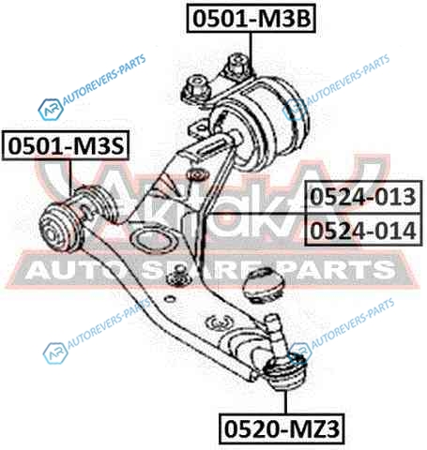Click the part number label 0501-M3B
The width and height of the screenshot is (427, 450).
(x=252, y=18)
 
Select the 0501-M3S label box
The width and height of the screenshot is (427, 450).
(x=66, y=145)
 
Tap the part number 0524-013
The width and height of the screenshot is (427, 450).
(x=363, y=197)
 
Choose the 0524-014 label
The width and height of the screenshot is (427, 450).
(x=363, y=230)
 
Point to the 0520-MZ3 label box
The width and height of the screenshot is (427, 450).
(x=282, y=428)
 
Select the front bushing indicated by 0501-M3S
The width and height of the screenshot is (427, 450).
(x=77, y=218)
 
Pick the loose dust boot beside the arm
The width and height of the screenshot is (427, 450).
(x=266, y=285)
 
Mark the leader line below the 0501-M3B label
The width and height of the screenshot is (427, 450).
(x=251, y=53)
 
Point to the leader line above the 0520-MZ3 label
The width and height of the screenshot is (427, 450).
(x=285, y=402)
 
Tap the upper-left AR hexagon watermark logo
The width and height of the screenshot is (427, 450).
(x=51, y=110)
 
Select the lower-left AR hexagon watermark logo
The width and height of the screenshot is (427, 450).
(x=55, y=353)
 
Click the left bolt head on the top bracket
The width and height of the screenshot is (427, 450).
(x=195, y=88)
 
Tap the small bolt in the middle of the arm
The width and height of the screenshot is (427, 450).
(x=179, y=276)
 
